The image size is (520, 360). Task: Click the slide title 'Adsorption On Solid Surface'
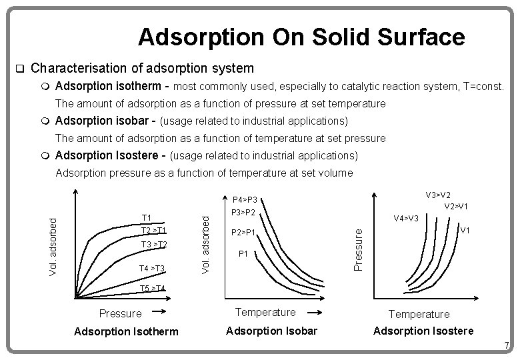point(301,37)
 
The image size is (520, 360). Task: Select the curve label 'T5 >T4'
point(153,288)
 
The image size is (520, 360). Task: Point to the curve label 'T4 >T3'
point(152,268)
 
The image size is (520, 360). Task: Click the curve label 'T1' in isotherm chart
point(147,217)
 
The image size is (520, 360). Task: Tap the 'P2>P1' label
point(243,233)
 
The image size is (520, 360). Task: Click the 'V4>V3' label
point(406,218)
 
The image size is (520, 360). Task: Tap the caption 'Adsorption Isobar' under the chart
point(273,331)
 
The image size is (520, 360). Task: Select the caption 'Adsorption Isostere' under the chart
point(423,331)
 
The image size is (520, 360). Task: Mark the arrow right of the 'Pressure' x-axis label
point(161,311)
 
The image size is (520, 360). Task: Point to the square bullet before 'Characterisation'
point(19,69)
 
